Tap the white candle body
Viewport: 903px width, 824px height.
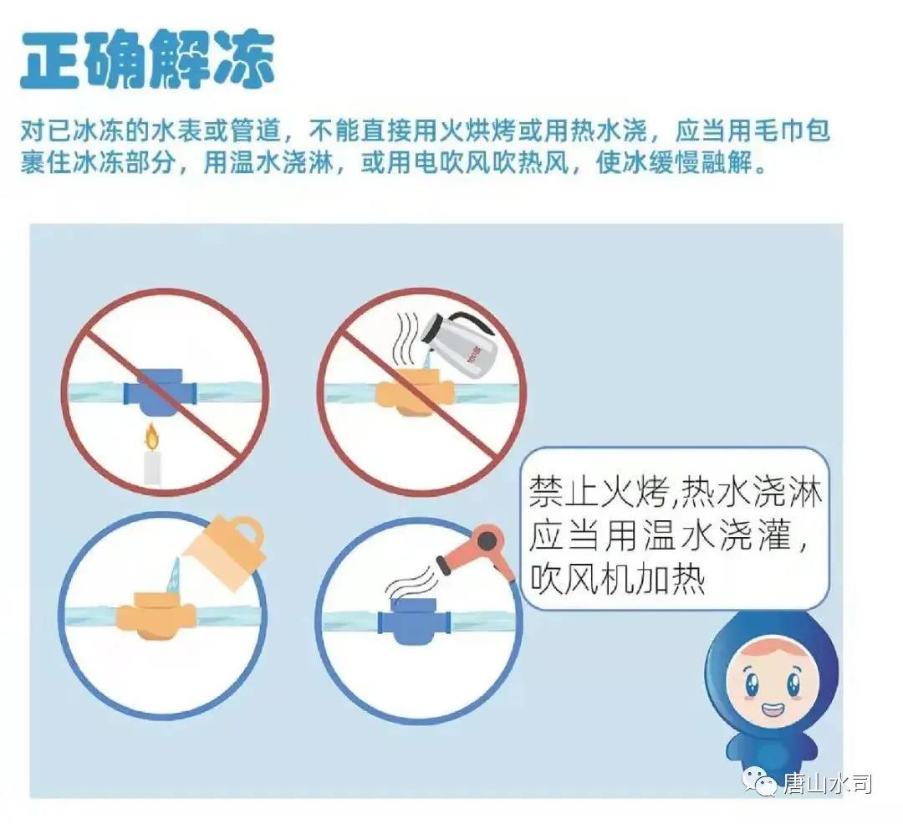[x=151, y=467]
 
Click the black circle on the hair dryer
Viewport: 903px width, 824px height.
[x=487, y=541]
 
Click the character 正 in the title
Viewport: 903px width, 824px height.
[x=49, y=60]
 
